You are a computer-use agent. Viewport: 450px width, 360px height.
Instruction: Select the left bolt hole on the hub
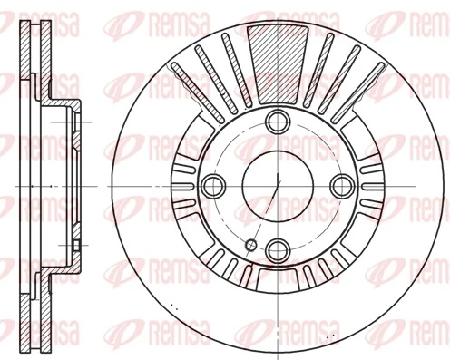click(x=214, y=185)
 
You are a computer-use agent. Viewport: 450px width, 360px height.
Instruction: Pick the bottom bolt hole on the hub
click(x=277, y=248)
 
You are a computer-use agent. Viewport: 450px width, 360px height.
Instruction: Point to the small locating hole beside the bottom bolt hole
click(x=251, y=244)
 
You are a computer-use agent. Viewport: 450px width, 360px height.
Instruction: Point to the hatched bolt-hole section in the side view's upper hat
click(x=76, y=118)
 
